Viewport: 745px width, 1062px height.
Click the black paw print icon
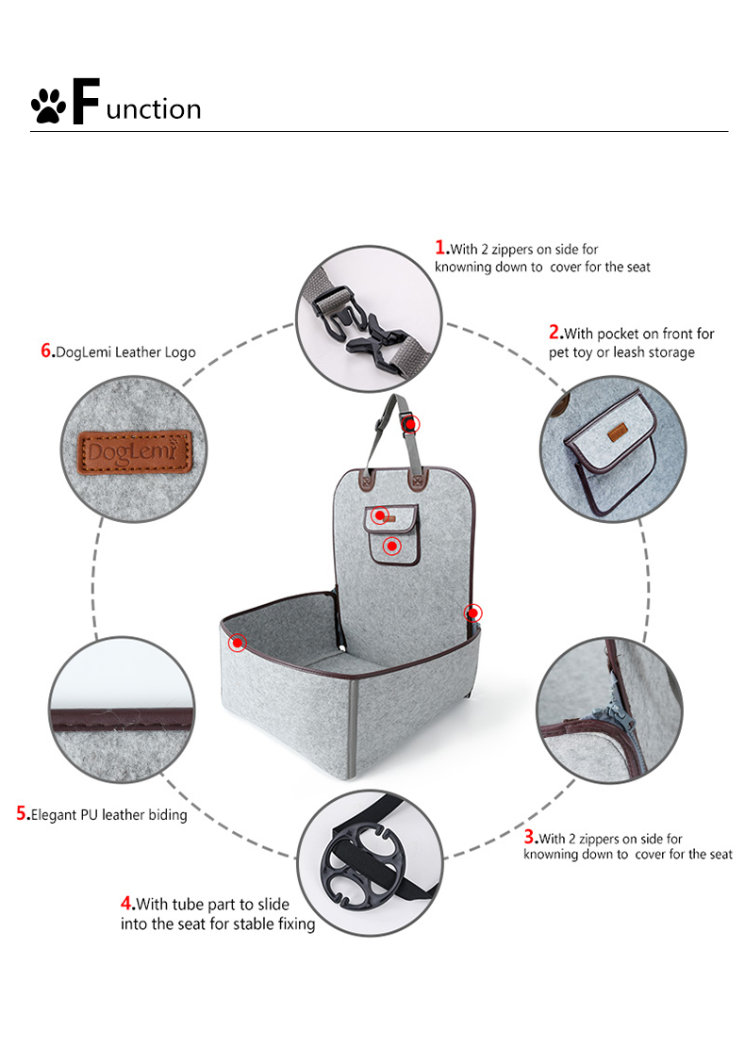(x=48, y=106)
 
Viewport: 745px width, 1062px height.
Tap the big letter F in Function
(x=86, y=101)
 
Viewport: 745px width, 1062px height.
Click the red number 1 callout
(x=440, y=247)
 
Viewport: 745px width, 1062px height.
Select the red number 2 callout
(x=555, y=332)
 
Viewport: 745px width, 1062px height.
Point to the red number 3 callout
(x=529, y=837)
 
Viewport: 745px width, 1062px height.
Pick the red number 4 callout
(x=126, y=903)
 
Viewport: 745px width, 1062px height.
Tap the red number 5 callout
(x=22, y=812)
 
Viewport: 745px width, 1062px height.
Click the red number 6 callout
(x=46, y=351)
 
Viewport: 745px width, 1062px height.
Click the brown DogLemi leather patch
(x=135, y=451)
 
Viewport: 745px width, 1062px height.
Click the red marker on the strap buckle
(x=411, y=424)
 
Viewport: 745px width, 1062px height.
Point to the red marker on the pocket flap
(x=380, y=516)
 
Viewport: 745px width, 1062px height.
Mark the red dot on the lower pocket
(x=391, y=546)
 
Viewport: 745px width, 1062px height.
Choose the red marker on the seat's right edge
(x=473, y=613)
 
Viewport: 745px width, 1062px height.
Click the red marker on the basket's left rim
(x=238, y=642)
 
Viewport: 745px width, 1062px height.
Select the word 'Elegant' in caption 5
(x=55, y=815)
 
